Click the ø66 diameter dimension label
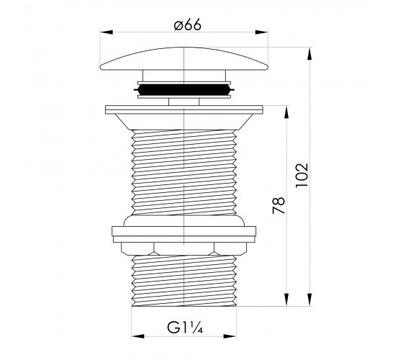[x=187, y=25]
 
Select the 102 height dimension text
[x=302, y=176]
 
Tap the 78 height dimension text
[x=279, y=205]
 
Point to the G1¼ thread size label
[x=185, y=328]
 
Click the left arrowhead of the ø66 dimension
[x=107, y=32]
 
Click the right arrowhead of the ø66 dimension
[x=261, y=32]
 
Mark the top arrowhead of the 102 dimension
[x=309, y=54]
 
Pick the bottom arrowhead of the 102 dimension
[x=309, y=300]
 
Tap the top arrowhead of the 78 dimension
[x=286, y=112]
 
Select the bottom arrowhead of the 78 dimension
[x=286, y=300]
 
